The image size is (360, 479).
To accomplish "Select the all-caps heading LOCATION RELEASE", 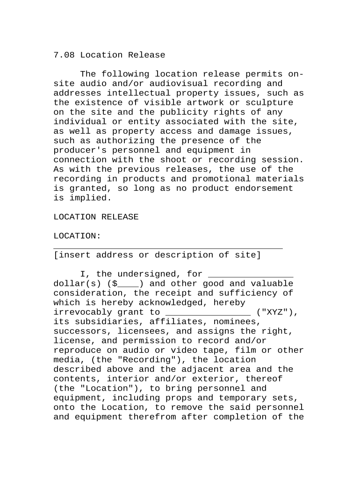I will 96,217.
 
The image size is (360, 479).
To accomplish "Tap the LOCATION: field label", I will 77,236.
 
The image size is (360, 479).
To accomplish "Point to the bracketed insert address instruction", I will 157,255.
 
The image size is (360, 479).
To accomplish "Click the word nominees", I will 234,322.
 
